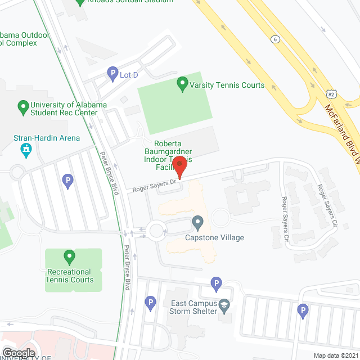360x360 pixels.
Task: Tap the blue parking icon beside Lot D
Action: tap(112, 73)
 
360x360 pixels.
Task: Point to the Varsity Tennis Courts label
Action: tap(227, 85)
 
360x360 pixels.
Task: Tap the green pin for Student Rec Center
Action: tap(23, 105)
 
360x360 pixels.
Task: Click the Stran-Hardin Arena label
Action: tap(47, 138)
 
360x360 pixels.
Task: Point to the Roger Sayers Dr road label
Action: tap(155, 186)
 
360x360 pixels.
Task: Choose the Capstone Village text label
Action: tap(215, 237)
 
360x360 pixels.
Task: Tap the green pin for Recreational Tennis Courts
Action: tap(70, 257)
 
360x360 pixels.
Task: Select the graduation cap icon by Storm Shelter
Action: tap(224, 305)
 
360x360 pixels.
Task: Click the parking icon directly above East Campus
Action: tap(216, 283)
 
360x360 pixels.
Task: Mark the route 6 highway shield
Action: tap(275, 39)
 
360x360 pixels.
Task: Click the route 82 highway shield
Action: tap(332, 94)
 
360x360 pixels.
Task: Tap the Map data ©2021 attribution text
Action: tap(336, 355)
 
